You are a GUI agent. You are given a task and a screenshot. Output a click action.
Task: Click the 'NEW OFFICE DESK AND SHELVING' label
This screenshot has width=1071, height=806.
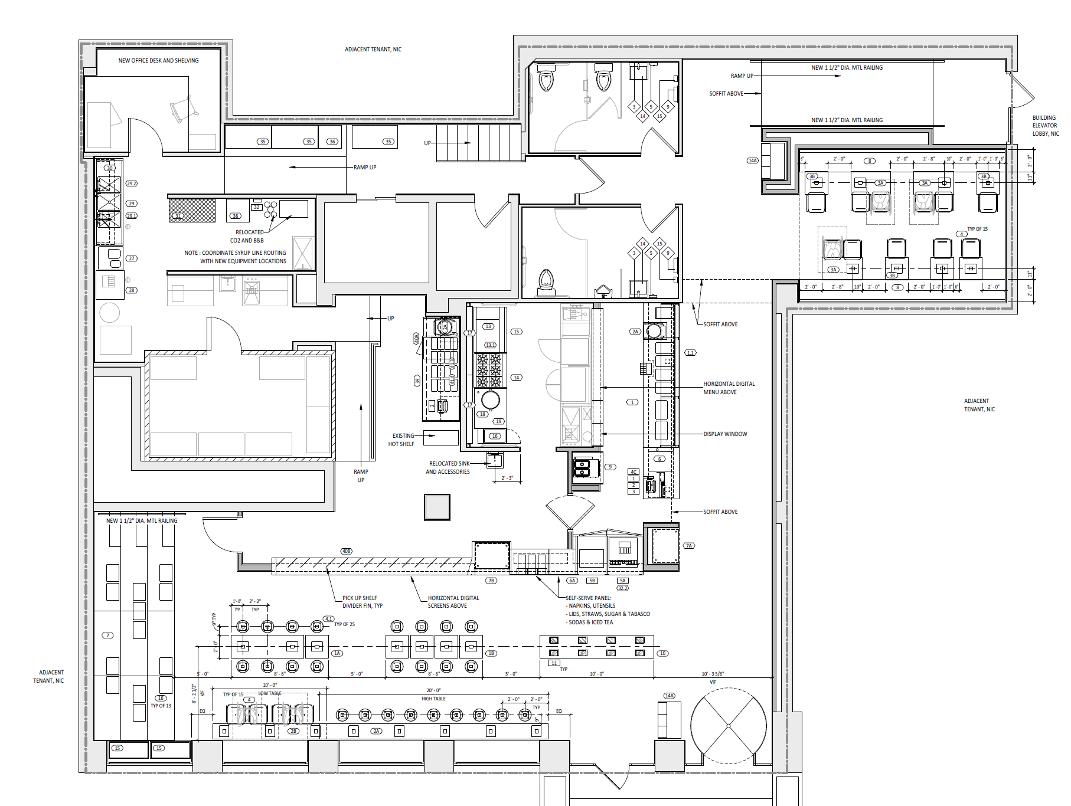coord(158,60)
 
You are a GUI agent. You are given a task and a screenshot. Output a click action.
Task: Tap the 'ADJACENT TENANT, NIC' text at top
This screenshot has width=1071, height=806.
coord(373,50)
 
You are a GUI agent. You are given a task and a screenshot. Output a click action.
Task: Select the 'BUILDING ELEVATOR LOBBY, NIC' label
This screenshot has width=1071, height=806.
coord(1045,126)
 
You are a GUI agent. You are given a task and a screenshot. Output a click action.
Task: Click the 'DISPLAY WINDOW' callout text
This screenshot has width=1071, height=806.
coord(725,434)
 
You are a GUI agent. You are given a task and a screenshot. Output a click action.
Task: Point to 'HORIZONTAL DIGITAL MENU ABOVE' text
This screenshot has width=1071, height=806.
coord(728,388)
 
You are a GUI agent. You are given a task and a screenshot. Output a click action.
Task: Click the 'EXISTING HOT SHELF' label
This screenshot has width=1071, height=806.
coord(402,440)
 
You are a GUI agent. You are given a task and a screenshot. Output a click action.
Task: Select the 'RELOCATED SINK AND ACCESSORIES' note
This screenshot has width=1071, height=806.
coord(449,467)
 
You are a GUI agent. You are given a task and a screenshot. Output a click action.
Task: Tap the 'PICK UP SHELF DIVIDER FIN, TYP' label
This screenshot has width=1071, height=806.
coord(362,602)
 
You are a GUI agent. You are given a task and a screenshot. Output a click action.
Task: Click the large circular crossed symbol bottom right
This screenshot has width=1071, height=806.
coord(728,726)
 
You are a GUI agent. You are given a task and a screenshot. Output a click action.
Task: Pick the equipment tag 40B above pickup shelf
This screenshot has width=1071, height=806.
coord(347,551)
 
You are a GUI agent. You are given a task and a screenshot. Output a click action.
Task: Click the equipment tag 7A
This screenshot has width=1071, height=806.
coord(689,546)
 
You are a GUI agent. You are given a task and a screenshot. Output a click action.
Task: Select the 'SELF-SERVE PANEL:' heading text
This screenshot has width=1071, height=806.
coord(588,598)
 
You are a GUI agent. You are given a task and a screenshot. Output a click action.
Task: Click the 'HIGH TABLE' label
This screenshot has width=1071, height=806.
coord(433,699)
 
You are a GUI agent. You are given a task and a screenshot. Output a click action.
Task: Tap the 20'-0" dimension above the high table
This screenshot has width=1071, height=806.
coord(433,690)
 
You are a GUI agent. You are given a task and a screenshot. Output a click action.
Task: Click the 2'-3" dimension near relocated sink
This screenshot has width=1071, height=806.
coord(507,478)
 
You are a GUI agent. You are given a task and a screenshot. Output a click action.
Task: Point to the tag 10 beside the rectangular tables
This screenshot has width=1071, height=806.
coord(663,653)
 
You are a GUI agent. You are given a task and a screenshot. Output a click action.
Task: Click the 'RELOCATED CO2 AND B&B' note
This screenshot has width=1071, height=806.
coord(248,236)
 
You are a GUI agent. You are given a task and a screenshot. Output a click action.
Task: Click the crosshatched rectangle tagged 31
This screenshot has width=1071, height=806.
coord(192,210)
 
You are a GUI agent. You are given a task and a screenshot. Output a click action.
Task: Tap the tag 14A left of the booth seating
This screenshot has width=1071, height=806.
coord(752,160)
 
